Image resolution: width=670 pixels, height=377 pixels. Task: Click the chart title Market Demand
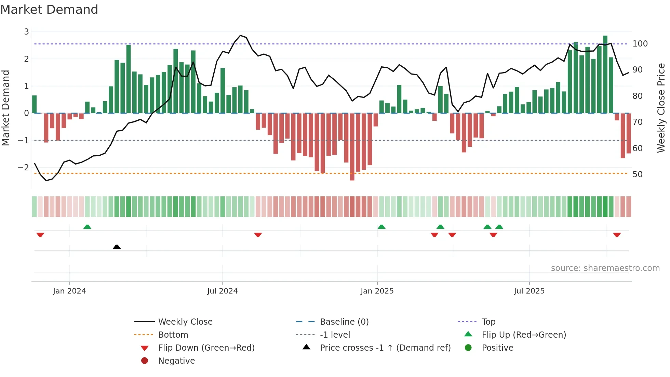[x=49, y=10]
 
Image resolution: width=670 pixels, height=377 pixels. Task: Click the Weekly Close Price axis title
[x=661, y=108]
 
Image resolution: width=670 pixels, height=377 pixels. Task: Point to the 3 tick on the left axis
[x=26, y=32]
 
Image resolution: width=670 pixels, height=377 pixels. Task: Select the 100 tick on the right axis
[x=640, y=44]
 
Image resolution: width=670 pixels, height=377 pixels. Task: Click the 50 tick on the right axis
[x=637, y=174]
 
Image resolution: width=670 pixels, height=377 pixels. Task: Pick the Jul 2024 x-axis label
[x=222, y=291]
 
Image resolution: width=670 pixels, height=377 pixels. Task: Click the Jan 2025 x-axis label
[x=377, y=291]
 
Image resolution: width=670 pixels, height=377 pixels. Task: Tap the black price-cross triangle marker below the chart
[x=117, y=247]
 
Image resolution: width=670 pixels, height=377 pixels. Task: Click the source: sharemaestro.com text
[x=605, y=268]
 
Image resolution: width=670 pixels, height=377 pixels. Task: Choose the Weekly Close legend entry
[x=185, y=322]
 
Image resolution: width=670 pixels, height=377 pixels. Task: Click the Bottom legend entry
[x=173, y=335]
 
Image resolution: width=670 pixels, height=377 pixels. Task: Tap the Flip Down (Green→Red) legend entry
[x=206, y=348]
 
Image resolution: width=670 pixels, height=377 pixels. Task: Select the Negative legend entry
[x=176, y=361]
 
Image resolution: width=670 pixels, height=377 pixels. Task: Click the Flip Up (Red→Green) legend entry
[x=524, y=335]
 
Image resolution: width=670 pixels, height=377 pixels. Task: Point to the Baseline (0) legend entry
[x=344, y=322]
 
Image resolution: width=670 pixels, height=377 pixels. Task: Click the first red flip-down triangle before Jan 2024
[x=40, y=235]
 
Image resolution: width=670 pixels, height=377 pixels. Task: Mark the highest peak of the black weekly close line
[x=241, y=36]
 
